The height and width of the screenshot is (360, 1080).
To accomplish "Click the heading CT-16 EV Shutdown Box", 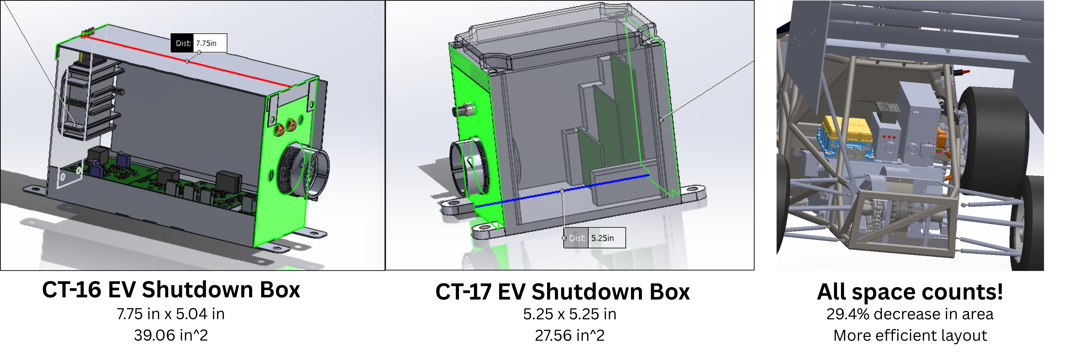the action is pyautogui.click(x=171, y=290).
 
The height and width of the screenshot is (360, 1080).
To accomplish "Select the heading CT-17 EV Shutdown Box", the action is pyautogui.click(x=562, y=292).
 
